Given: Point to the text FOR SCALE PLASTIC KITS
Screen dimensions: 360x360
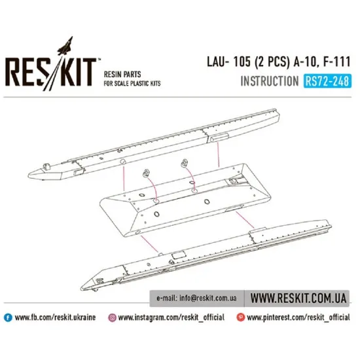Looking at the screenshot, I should pos(133,84).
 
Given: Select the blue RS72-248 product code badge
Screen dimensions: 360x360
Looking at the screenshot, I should pos(327,82).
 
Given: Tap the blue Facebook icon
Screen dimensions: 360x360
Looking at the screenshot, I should pos(8,317).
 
